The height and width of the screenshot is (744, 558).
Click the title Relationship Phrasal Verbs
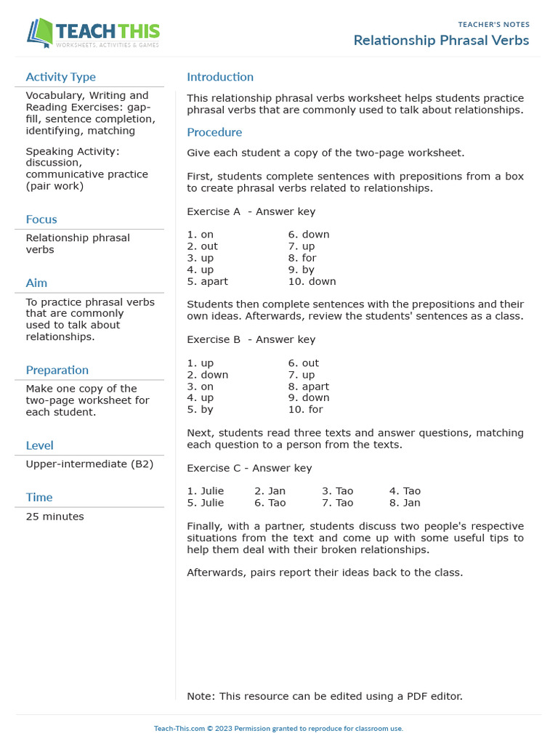441,40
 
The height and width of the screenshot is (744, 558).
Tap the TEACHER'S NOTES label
493,25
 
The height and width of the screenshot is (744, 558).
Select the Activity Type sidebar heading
60,77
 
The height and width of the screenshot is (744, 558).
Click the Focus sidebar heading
41,219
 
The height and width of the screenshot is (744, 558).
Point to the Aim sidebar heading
36,283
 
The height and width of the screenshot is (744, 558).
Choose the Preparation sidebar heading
57,370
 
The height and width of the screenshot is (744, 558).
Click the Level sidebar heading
39,445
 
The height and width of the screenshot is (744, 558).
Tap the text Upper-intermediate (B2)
89,464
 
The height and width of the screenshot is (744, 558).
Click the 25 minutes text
54,517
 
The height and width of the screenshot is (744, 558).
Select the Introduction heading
220,77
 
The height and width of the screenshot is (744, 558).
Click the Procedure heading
214,132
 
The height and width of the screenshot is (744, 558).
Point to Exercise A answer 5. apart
207,281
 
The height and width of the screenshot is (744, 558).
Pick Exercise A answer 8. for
302,258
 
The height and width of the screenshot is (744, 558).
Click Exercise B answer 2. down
207,375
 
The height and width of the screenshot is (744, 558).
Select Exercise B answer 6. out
303,363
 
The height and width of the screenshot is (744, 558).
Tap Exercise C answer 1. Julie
206,491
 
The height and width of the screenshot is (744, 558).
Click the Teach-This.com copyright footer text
278,728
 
